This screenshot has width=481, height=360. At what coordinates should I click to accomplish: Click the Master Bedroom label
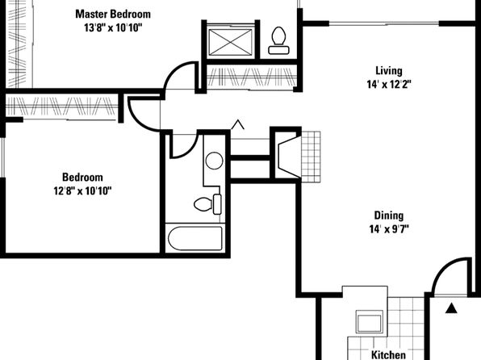[113, 14]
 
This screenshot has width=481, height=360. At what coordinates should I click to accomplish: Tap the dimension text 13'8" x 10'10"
[113, 28]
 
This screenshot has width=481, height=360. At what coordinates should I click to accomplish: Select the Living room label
[389, 70]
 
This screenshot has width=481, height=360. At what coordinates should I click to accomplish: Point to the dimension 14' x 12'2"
[389, 84]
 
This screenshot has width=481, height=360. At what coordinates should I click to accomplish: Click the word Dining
[389, 216]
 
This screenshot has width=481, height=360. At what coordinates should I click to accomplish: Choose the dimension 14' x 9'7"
[389, 229]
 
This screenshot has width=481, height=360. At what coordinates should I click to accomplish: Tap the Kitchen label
[388, 355]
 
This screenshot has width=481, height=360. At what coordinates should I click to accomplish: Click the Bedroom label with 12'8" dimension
[82, 177]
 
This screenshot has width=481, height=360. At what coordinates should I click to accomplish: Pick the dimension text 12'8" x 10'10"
[82, 190]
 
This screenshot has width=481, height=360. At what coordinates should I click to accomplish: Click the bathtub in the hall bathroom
[195, 238]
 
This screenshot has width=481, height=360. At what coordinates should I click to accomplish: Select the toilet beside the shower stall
[278, 40]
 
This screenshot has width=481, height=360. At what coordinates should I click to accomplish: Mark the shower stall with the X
[230, 42]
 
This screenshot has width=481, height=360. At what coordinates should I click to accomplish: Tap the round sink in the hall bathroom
[214, 161]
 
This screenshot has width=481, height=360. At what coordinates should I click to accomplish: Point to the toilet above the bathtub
[207, 204]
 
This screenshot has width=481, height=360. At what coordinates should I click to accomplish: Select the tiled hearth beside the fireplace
[311, 157]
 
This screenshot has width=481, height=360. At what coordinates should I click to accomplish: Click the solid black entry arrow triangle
[451, 308]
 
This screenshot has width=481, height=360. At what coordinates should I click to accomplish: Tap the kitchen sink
[370, 321]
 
